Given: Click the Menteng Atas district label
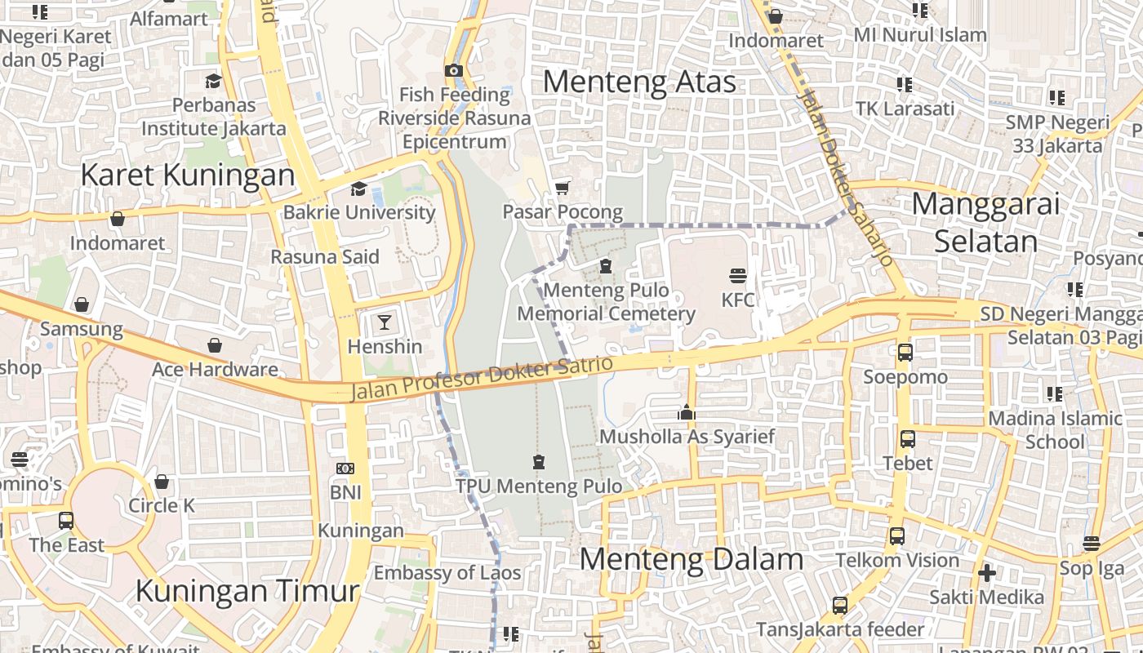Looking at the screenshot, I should click(x=639, y=82).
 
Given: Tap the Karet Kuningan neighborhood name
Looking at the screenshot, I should click(x=188, y=175).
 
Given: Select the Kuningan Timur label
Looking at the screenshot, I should click(x=247, y=590).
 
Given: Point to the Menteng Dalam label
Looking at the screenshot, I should click(x=692, y=560).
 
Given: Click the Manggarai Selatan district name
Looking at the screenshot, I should click(x=985, y=222).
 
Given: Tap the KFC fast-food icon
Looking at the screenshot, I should click(x=738, y=275).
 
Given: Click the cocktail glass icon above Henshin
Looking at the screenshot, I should click(x=385, y=322).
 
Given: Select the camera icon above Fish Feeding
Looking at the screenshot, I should click(x=454, y=71).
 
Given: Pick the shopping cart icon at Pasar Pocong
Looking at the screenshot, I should click(x=562, y=189).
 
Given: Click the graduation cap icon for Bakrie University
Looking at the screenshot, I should click(x=358, y=189).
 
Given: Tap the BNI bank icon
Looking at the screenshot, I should click(x=345, y=469).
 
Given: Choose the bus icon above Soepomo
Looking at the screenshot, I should click(x=905, y=353).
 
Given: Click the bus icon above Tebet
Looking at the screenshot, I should click(x=907, y=439).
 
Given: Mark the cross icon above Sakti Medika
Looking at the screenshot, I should click(x=986, y=573).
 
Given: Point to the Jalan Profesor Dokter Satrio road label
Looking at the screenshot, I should click(x=482, y=378).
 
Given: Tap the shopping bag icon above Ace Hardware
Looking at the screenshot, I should click(x=215, y=345).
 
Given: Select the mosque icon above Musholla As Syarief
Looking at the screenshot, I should click(x=687, y=412).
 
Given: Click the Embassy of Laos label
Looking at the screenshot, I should click(x=447, y=573).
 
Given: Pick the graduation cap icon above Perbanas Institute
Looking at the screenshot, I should click(x=213, y=81).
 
